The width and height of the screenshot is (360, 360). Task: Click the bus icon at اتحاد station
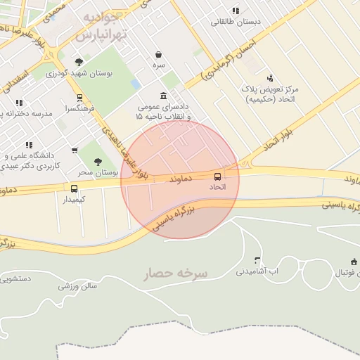(217, 176)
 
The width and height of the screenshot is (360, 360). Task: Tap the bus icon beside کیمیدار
(74, 188)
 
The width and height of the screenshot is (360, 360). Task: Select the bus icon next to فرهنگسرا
(79, 98)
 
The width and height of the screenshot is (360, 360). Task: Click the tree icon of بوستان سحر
(97, 160)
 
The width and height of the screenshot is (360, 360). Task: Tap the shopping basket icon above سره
(159, 54)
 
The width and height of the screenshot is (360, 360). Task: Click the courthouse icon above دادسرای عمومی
(164, 96)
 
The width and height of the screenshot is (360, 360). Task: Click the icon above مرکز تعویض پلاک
(269, 78)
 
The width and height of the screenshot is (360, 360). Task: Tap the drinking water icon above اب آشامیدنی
(257, 259)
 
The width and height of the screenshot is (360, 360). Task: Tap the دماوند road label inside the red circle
(180, 180)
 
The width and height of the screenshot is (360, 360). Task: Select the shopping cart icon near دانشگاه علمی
(75, 150)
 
